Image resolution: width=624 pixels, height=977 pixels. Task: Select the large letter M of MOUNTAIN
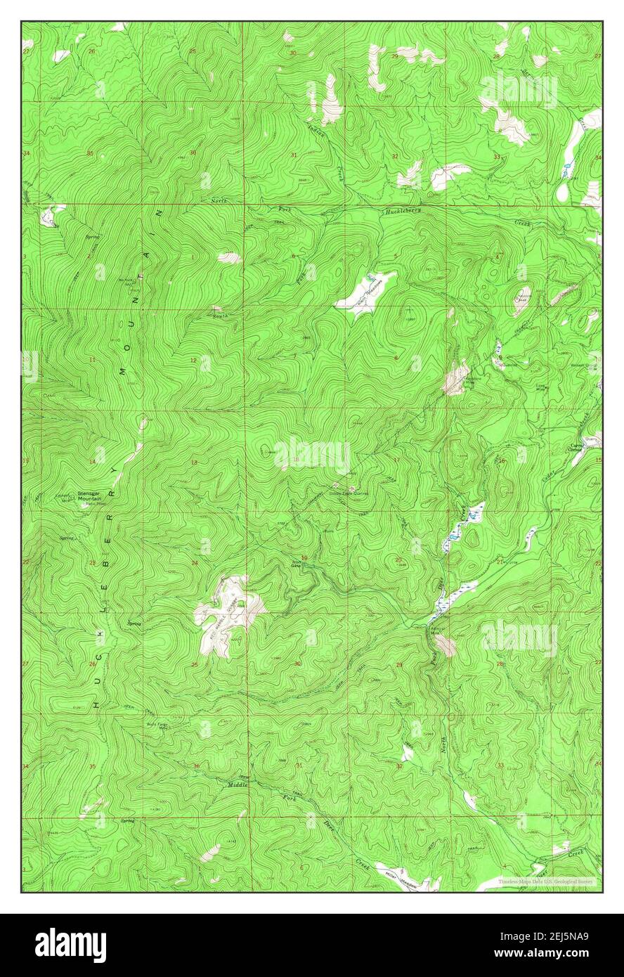click(x=125, y=370)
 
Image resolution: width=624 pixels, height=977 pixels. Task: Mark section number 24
click(x=195, y=563)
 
